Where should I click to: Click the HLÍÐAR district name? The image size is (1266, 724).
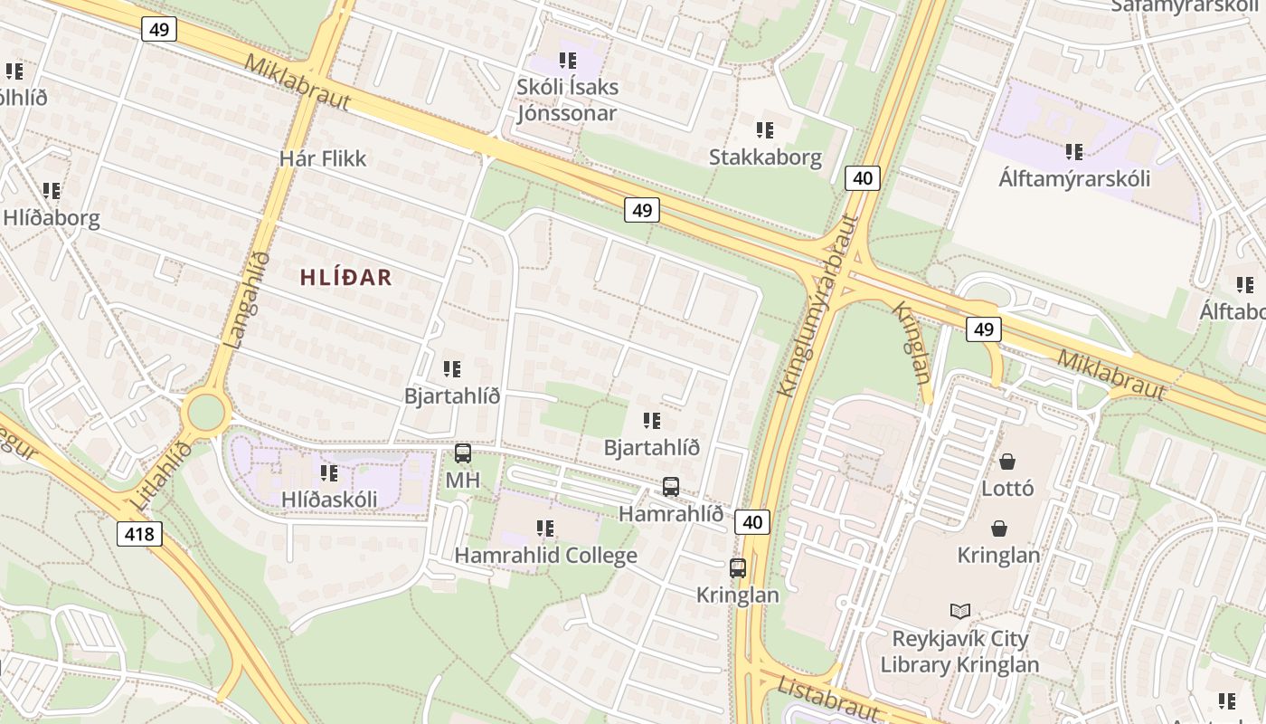(346, 278)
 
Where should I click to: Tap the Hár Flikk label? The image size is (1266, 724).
(323, 158)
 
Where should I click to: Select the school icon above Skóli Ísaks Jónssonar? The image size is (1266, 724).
(567, 61)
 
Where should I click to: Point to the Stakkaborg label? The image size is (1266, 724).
(765, 157)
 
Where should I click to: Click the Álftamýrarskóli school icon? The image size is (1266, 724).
(1073, 151)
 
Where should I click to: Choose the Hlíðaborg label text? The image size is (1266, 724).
(52, 218)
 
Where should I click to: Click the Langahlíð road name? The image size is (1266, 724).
(247, 300)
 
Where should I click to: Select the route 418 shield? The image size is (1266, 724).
(139, 534)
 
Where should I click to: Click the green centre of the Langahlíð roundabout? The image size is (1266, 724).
(206, 414)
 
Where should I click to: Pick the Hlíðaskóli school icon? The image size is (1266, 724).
(328, 473)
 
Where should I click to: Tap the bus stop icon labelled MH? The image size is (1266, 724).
(462, 453)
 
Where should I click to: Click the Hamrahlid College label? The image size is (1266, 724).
(545, 556)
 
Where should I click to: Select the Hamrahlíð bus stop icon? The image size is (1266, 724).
(670, 487)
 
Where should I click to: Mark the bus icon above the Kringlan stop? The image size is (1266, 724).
(738, 568)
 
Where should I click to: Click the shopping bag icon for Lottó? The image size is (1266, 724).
(1006, 462)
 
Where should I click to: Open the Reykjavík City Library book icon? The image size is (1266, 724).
(959, 612)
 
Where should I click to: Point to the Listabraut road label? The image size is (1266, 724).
(828, 698)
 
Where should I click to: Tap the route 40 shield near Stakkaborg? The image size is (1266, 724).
(862, 178)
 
